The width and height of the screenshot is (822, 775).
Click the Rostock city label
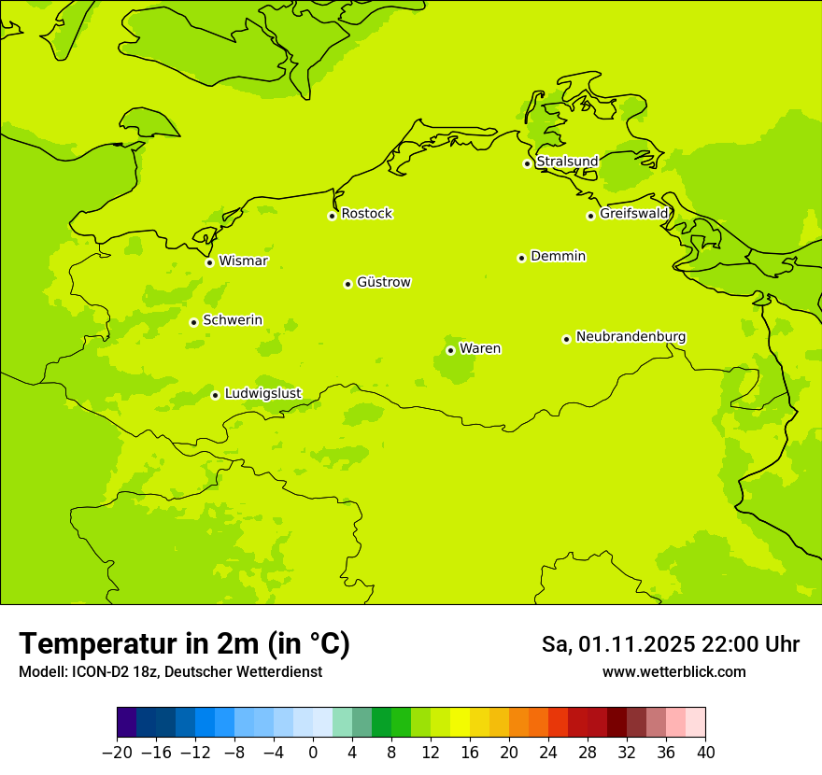point(366,214)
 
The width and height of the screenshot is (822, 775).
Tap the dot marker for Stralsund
point(527,163)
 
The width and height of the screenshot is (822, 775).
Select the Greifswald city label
point(634,214)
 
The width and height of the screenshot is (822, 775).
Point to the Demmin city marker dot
point(521,258)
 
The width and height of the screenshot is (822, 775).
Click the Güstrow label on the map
point(383,282)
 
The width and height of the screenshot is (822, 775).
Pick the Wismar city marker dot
point(209,262)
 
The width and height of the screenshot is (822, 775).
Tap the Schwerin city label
point(233,320)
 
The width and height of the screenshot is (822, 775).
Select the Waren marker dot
point(450,350)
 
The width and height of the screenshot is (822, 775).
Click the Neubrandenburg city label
point(631,337)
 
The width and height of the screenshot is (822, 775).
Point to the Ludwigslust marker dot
point(215,395)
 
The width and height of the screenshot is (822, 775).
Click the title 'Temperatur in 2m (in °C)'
point(184,644)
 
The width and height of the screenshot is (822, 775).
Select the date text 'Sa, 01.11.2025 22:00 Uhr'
point(670,644)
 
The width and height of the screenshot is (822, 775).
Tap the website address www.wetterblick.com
point(673,672)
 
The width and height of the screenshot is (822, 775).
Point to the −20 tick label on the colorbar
point(117,753)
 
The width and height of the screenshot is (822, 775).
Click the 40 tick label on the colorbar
point(705,753)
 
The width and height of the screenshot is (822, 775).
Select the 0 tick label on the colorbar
point(313,753)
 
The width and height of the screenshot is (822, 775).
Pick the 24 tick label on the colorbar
point(548,753)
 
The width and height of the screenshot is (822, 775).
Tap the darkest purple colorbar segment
point(127,723)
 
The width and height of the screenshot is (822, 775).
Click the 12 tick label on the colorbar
point(431,753)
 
